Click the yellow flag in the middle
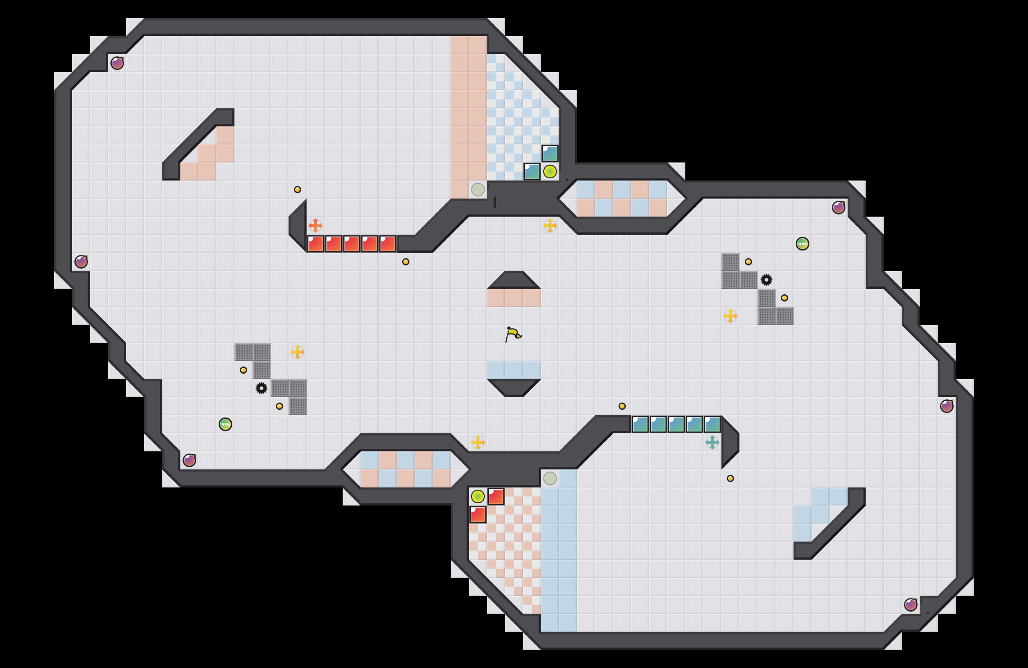tap(513, 334)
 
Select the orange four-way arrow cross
tap(315, 225)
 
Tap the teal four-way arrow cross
tap(712, 442)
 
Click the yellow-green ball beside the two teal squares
tap(550, 172)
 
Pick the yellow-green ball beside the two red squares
tap(477, 496)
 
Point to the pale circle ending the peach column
tap(477, 190)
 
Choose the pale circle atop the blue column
tap(550, 478)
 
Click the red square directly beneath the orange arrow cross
tap(315, 244)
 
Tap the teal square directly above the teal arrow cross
tap(712, 424)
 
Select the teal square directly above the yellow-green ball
tap(550, 153)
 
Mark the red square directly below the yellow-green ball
tap(477, 515)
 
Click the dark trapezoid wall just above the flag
tap(514, 280)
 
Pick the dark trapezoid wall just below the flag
tap(514, 388)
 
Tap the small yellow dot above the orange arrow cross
tap(297, 190)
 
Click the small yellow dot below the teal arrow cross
tap(730, 478)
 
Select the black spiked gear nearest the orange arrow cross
tap(262, 388)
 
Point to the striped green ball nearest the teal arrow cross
tap(802, 244)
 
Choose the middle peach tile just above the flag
tap(514, 298)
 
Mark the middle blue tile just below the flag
tap(514, 370)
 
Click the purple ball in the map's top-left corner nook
tap(117, 63)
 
